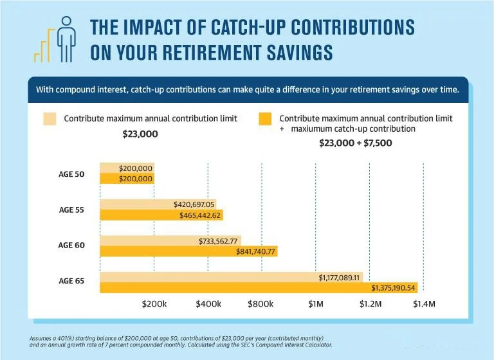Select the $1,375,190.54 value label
click(393, 287)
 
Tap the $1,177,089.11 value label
click(340, 277)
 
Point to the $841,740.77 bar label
click(256, 251)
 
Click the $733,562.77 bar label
click(219, 241)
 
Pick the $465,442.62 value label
click(201, 215)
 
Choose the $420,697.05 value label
click(194, 204)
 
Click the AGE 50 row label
click(71, 174)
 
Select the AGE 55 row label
click(71, 210)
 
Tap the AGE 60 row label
click(71, 246)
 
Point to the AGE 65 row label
click(71, 282)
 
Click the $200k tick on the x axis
click(154, 303)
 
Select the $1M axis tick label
click(315, 303)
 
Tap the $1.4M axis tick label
click(423, 303)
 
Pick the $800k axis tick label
click(262, 303)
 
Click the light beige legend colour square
click(50, 118)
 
